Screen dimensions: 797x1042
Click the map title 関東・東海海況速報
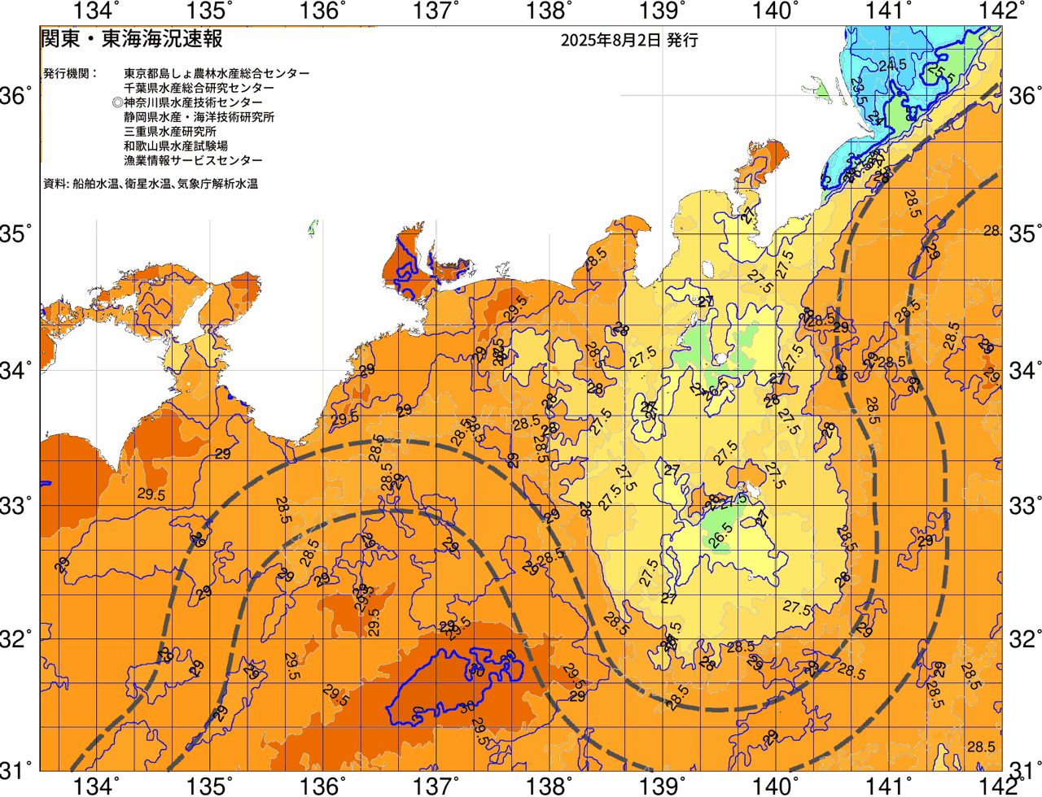pos(131,39)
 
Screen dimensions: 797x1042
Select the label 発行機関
pos(69,73)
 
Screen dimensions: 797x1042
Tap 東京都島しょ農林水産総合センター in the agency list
pos(217,73)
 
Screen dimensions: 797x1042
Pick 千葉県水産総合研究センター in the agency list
pos(199,88)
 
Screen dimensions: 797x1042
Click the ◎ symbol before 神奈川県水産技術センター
pos(118,102)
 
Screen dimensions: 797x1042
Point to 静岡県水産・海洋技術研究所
pos(199,117)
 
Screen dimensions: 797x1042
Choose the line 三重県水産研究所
pos(170,132)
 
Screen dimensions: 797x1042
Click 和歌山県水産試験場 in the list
pos(176,146)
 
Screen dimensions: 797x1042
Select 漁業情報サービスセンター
pos(194,161)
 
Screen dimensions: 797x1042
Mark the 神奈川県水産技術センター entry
pos(194,102)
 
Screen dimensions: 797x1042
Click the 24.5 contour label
pos(892,64)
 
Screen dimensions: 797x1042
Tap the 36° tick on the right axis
pos(1023,96)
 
